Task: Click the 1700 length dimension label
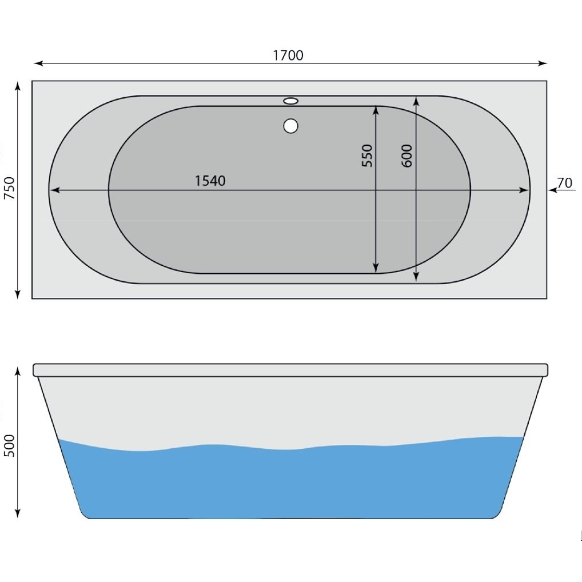pyautogui.click(x=288, y=55)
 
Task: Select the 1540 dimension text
pyautogui.click(x=210, y=181)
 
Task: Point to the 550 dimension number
pyautogui.click(x=367, y=156)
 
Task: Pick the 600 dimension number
pyautogui.click(x=407, y=156)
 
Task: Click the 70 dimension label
pyautogui.click(x=564, y=183)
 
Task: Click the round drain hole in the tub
pyautogui.click(x=291, y=126)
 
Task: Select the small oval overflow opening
pyautogui.click(x=291, y=101)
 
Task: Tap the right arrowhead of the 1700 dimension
pyautogui.click(x=543, y=63)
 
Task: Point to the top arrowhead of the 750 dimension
pyautogui.click(x=18, y=86)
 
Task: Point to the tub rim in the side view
pyautogui.click(x=291, y=370)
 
